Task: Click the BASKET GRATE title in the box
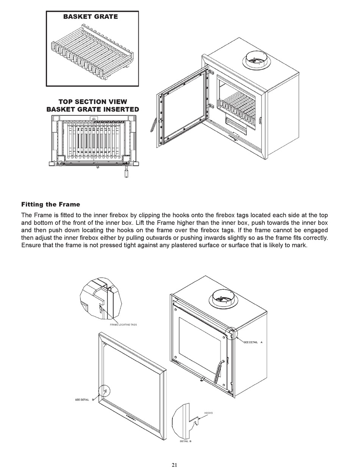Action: (x=90, y=17)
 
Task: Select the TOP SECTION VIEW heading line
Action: (x=92, y=102)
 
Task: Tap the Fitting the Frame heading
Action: (x=50, y=204)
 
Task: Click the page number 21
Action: (x=174, y=465)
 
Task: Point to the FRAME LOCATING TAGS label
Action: (x=123, y=325)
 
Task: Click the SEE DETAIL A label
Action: (x=253, y=342)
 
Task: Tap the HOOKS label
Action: (x=208, y=413)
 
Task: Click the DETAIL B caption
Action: (x=185, y=441)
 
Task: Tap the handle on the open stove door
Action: (x=153, y=124)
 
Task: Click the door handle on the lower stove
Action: (x=218, y=372)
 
